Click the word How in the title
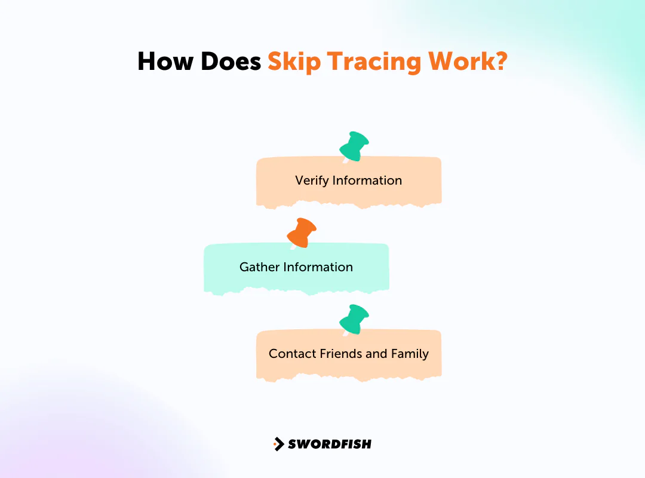click(x=165, y=62)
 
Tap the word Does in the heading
click(x=229, y=62)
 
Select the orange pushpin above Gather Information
click(x=302, y=232)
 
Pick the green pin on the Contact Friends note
click(x=354, y=319)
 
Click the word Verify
click(x=312, y=180)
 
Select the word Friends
click(x=340, y=354)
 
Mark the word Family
click(x=410, y=354)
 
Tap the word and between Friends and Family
click(x=376, y=354)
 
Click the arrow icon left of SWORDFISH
click(x=278, y=444)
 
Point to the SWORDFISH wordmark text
click(x=329, y=444)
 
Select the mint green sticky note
click(x=296, y=268)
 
